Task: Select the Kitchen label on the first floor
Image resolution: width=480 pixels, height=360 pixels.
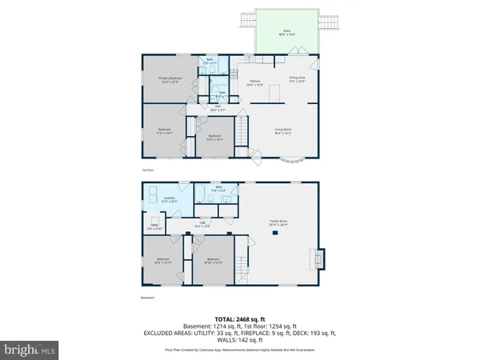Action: point(255,82)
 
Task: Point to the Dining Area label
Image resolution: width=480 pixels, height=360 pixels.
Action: point(296,78)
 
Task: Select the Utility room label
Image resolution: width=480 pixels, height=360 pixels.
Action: point(152,228)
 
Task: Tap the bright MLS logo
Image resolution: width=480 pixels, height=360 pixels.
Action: point(30,349)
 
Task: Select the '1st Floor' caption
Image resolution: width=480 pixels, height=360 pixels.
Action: point(146,171)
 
